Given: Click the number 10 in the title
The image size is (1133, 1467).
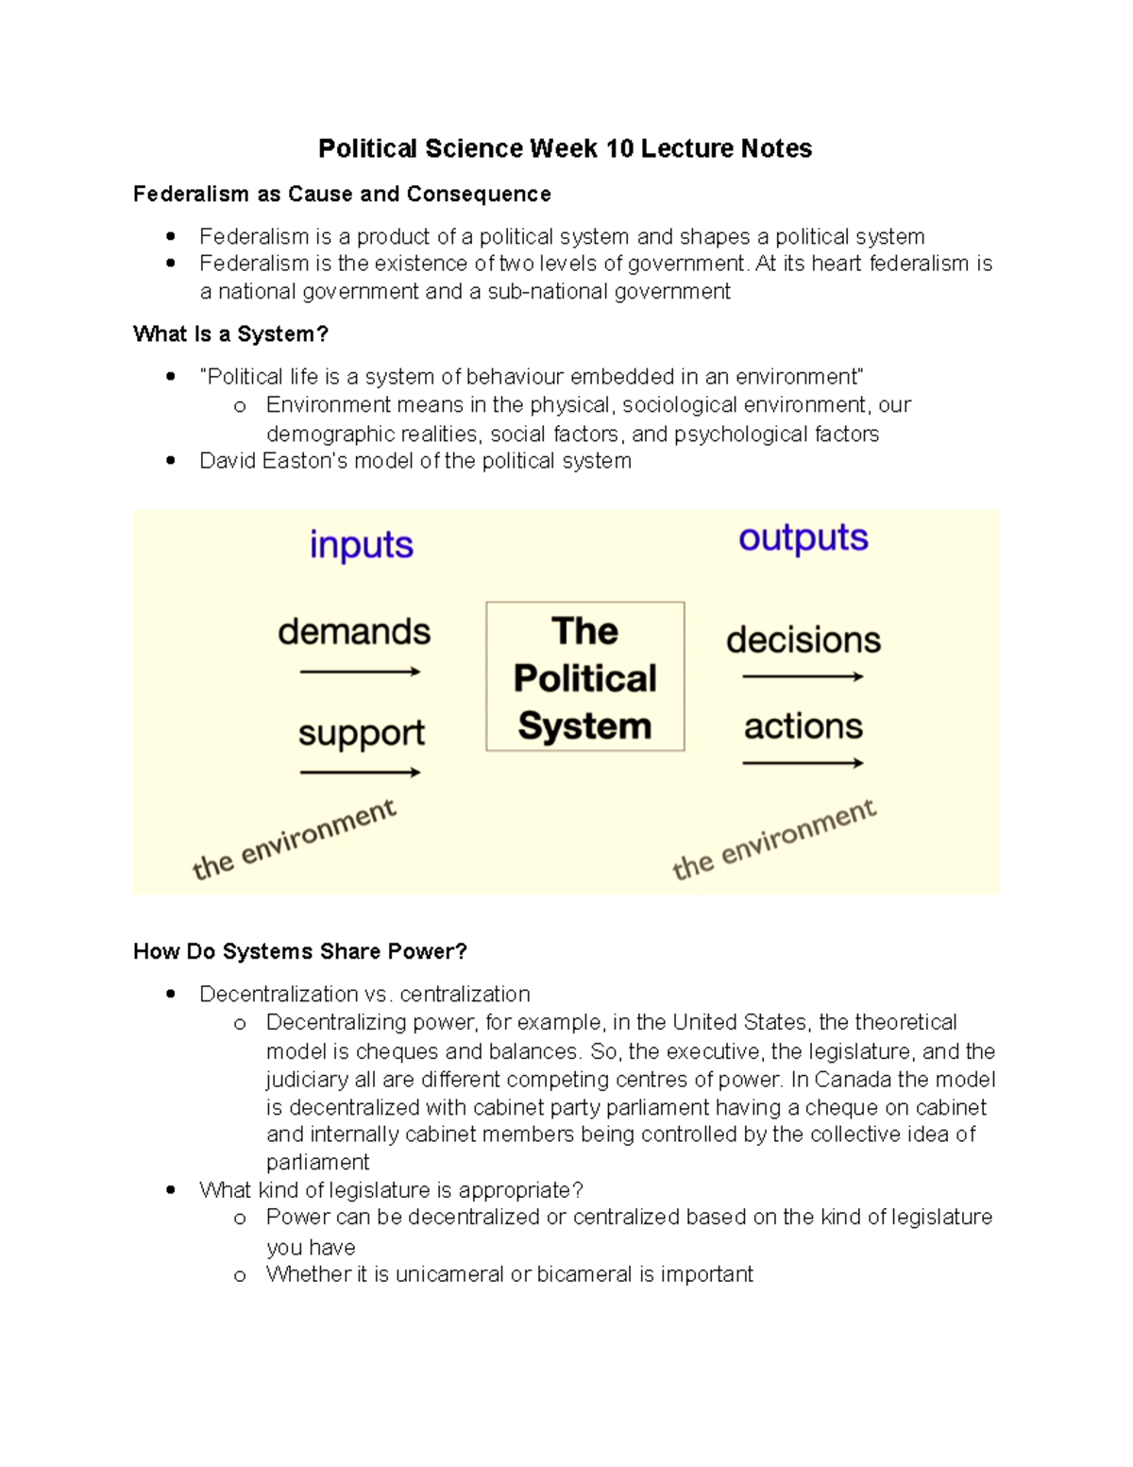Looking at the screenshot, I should pyautogui.click(x=619, y=149).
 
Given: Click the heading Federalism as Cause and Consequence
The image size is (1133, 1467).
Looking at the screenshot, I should pyautogui.click(x=342, y=195).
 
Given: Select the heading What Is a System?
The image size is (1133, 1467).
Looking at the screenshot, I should pyautogui.click(x=230, y=334).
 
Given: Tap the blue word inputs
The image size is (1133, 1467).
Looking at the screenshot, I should pyautogui.click(x=362, y=545).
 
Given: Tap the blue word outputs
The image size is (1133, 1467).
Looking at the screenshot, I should pyautogui.click(x=803, y=537).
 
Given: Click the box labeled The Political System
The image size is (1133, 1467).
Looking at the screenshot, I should pyautogui.click(x=584, y=677).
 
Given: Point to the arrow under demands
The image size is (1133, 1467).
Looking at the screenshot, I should pyautogui.click(x=360, y=672).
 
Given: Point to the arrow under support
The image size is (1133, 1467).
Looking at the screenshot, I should pyautogui.click(x=360, y=773).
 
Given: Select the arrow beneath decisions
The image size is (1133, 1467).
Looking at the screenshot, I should pyautogui.click(x=803, y=676).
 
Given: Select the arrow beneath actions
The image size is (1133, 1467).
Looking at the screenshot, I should pyautogui.click(x=803, y=763).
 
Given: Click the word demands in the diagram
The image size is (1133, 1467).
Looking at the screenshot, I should pyautogui.click(x=354, y=632).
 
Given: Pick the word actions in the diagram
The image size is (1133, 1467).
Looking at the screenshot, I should pyautogui.click(x=803, y=726).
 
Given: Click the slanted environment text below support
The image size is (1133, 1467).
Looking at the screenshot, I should pyautogui.click(x=295, y=840).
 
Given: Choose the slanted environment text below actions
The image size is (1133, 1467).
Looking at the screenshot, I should pyautogui.click(x=774, y=840).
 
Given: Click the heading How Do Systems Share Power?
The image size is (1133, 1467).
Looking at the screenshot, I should pyautogui.click(x=300, y=951).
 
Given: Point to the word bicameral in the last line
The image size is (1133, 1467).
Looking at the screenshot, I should pyautogui.click(x=584, y=1274).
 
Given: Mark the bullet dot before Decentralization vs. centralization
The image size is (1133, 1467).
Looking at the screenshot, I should pyautogui.click(x=171, y=994).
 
